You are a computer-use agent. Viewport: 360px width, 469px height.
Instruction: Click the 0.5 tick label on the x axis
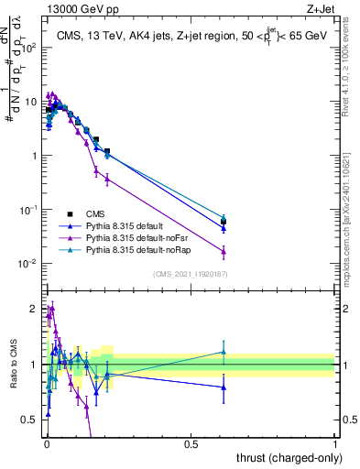point(191,443)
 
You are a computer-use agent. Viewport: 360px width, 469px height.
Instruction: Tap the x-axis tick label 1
point(335,443)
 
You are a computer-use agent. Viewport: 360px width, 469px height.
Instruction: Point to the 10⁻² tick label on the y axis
point(27,264)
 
